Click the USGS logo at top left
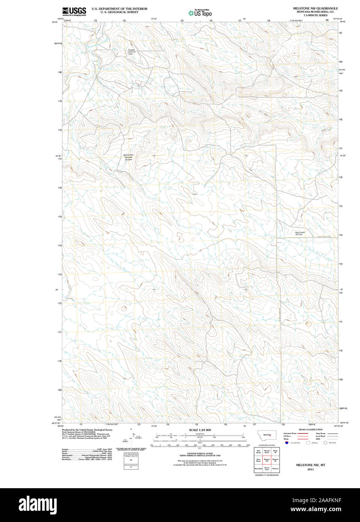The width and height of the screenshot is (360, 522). pyautogui.click(x=74, y=11)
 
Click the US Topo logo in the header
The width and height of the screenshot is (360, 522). pyautogui.click(x=200, y=13)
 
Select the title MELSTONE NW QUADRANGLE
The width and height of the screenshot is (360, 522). pyautogui.click(x=315, y=8)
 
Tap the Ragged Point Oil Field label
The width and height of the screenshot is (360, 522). pyautogui.click(x=131, y=52)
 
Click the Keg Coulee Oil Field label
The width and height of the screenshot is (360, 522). pyautogui.click(x=300, y=233)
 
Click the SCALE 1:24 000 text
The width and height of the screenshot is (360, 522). pyautogui.click(x=200, y=430)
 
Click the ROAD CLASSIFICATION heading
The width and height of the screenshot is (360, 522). pyautogui.click(x=310, y=429)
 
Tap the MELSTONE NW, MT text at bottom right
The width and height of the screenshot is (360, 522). pyautogui.click(x=310, y=465)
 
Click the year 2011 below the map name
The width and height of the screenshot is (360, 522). pyautogui.click(x=310, y=469)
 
